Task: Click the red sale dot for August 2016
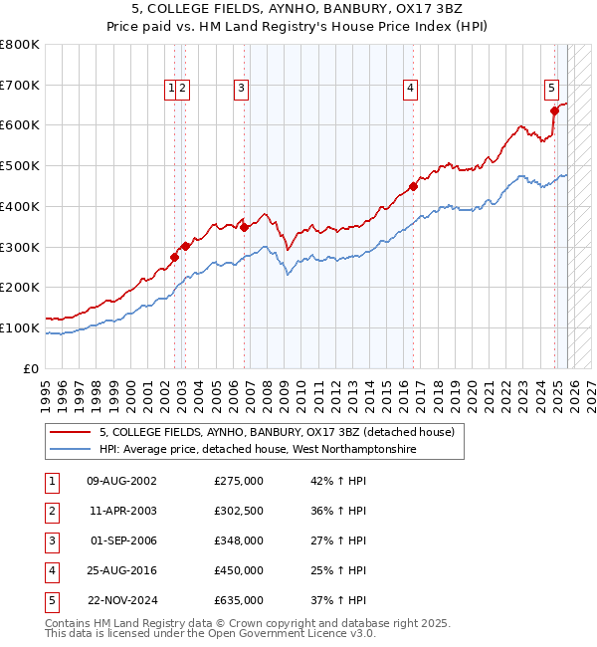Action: pos(413,185)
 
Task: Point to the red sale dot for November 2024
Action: pos(554,110)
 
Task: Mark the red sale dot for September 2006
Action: pos(244,227)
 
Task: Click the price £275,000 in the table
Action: pos(239,481)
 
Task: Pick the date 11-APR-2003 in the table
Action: pos(122,511)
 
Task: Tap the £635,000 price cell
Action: pos(239,600)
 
